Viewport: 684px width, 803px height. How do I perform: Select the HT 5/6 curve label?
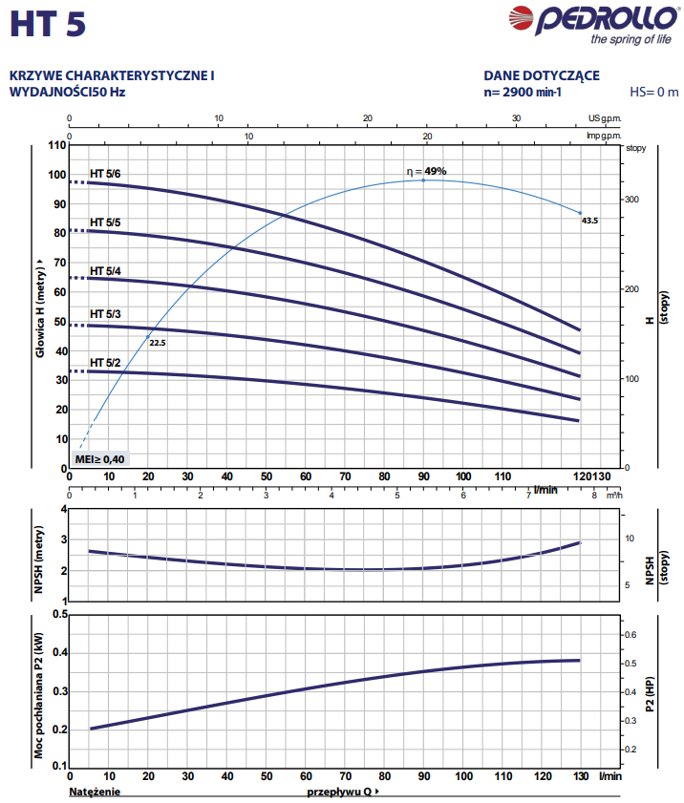(x=105, y=173)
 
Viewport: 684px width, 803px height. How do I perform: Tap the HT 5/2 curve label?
(x=105, y=363)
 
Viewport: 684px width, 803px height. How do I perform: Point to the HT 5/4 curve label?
(x=105, y=271)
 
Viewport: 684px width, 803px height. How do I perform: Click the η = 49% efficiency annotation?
(x=426, y=171)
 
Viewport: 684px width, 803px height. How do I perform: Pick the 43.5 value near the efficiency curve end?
(x=589, y=221)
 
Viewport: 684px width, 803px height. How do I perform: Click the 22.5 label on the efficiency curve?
(x=158, y=342)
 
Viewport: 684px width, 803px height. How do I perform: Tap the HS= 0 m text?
(x=654, y=93)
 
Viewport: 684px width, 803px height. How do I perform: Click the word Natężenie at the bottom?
(x=96, y=792)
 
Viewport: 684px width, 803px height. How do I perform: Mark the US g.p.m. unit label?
(x=605, y=118)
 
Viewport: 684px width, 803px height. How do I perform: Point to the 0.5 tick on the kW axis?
(x=56, y=615)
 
